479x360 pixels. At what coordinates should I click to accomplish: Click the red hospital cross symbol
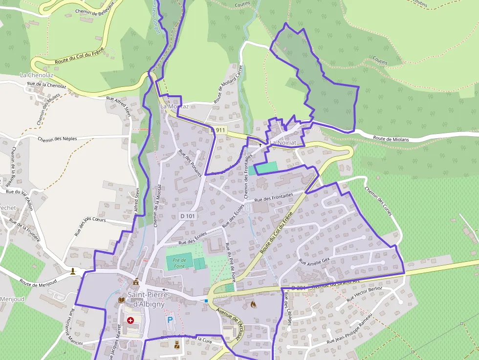pos(131,320)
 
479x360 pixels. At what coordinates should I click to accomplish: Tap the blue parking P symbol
pos(170,320)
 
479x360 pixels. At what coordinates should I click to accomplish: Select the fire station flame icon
pos(253,304)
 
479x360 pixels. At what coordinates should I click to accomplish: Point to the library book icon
pos(122,300)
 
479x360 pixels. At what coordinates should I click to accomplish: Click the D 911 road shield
pos(219,130)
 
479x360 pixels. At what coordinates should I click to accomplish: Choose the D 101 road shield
pos(187,215)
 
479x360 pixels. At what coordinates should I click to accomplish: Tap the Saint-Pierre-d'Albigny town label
pos(148,299)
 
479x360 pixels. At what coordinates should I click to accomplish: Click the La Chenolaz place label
pos(36,75)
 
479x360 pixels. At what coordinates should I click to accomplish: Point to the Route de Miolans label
pos(391,139)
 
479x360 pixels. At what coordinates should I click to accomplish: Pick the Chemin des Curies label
pos(379,202)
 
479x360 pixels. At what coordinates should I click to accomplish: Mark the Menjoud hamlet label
pos(12,299)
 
